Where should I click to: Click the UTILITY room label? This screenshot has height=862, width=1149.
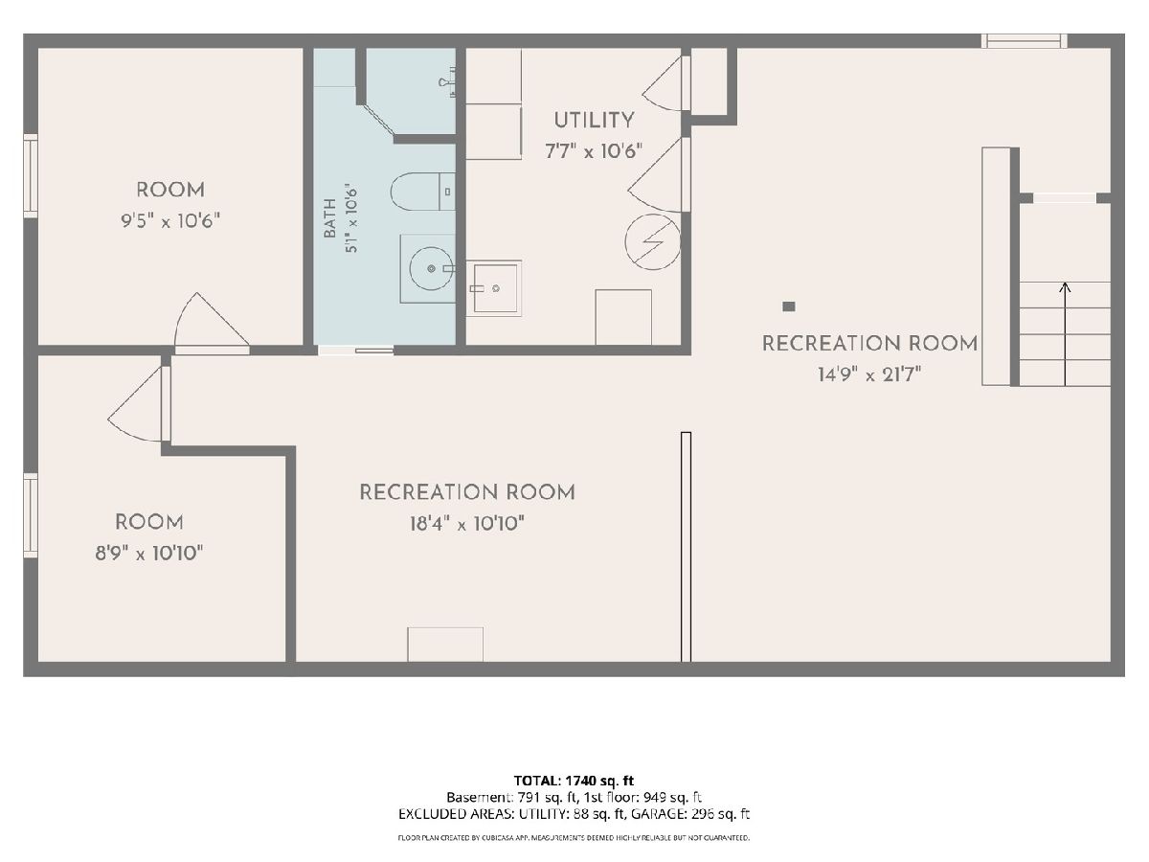coord(594,121)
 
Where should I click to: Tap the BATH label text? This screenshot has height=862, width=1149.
coord(329,218)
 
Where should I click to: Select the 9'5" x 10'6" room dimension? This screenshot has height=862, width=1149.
coord(170,221)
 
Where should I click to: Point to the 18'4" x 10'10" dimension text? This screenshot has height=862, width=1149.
coord(467,523)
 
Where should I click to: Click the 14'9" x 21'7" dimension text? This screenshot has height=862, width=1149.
coord(869,374)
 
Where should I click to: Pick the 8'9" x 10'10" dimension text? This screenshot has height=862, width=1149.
coord(148,553)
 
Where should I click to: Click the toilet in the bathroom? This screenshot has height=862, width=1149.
coord(422,192)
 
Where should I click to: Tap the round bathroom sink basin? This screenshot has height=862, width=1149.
coord(431,268)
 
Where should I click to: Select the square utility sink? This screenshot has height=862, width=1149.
coord(494,288)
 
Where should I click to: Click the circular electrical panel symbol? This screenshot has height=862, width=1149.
coord(653,241)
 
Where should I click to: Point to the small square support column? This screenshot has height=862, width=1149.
coord(788,306)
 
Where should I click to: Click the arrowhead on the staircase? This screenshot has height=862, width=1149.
coord(1065,286)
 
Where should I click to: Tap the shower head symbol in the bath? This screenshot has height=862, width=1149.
coord(447,83)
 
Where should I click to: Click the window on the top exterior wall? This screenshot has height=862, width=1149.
coord(1024,41)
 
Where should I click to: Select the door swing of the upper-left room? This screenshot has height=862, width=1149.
coord(211,324)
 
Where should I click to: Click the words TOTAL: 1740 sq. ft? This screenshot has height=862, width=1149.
coord(574,781)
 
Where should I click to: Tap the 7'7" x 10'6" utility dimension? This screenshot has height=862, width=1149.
coord(594,151)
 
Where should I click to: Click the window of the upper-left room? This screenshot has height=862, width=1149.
coord(31,175)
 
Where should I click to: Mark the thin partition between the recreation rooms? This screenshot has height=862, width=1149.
coord(686,547)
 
